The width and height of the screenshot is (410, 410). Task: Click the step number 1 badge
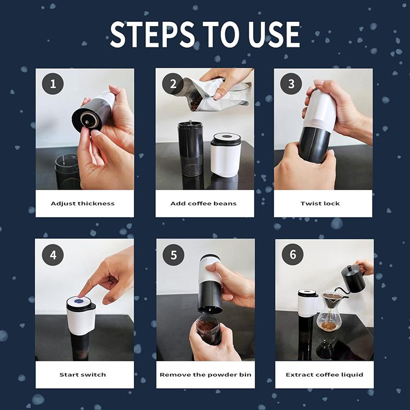53,84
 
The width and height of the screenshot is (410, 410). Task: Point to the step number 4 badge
53,255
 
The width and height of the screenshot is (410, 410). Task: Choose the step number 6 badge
292,255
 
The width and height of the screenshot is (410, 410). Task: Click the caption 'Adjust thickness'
83,203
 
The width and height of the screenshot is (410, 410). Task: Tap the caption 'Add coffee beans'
204,203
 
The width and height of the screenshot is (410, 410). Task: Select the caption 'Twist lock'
323,203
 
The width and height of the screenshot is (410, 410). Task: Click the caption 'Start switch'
83,375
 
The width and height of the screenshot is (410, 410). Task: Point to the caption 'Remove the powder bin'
204,375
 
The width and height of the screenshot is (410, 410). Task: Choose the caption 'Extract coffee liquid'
324,375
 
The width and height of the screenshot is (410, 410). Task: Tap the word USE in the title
273,35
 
